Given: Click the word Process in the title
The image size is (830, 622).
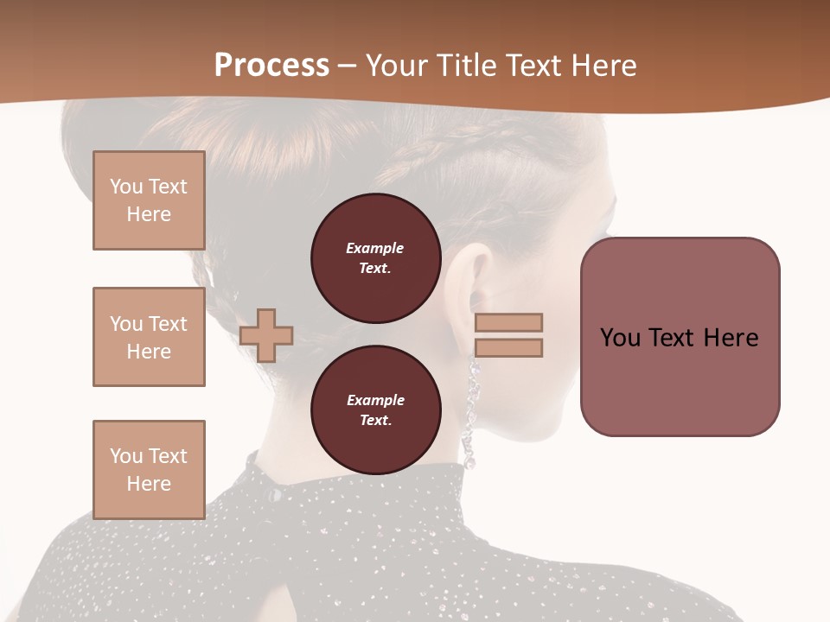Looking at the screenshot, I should pos(271,66).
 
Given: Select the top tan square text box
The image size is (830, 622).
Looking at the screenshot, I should pos(149,200).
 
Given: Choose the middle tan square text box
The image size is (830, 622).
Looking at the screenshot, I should pos(149,337).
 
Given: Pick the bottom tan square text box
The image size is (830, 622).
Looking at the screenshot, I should pos(149,469).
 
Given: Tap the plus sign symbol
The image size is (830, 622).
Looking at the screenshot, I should pos(266,335).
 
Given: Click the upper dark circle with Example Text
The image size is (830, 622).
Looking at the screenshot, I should pos(375,258).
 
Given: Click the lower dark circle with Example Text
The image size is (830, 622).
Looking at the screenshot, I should pos(375,410).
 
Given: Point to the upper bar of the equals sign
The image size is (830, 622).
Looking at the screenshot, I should pos(508,322).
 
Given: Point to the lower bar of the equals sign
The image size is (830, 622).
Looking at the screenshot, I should pos(508,347).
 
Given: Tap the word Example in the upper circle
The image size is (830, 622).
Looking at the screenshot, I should pos(374,248).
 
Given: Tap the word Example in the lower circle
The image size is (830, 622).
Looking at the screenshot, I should pos(375,400).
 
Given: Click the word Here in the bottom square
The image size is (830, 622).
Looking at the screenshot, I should pos(149,484).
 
